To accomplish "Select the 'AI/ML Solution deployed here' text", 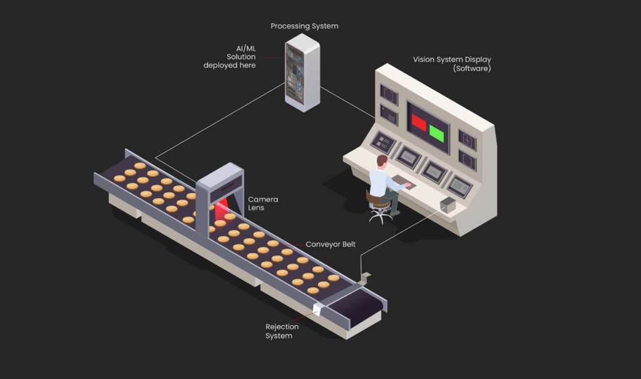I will [230, 57].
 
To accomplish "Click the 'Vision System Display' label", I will [451, 60].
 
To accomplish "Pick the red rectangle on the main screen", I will [418, 122].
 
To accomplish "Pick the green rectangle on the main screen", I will [437, 133].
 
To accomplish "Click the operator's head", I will [382, 162].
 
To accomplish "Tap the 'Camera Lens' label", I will [263, 204].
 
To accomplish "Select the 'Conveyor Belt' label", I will [330, 244].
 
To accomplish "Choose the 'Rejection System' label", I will [282, 331].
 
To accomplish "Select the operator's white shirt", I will [380, 182].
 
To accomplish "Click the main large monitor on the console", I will [428, 127].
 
